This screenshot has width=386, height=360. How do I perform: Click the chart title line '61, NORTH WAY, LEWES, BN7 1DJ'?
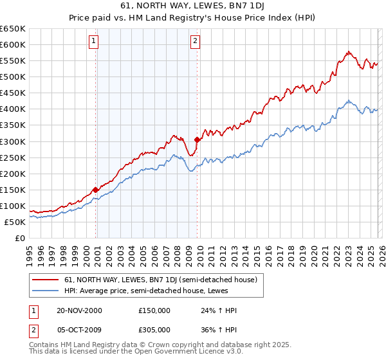[193, 6]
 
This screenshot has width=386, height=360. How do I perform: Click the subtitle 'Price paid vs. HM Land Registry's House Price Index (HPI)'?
[193, 17]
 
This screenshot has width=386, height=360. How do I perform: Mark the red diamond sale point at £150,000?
[95, 190]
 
